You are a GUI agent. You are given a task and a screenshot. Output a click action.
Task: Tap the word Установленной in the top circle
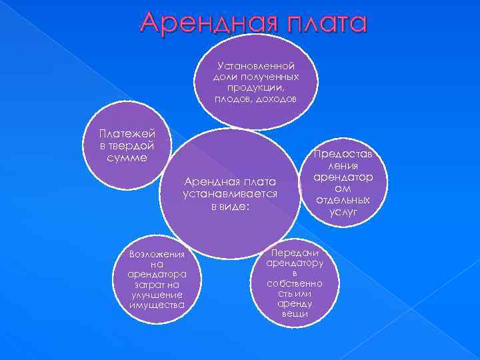(256, 67)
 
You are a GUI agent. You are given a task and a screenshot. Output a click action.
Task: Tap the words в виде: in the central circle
(230, 206)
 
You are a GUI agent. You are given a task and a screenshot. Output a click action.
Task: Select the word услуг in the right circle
(343, 212)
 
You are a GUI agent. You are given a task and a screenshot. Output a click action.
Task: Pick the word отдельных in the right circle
(343, 201)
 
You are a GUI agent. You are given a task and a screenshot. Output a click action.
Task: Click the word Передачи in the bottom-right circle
(295, 253)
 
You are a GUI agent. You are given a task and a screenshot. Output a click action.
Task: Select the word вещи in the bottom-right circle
(295, 313)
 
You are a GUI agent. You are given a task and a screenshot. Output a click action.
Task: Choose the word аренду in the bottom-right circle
(295, 303)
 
